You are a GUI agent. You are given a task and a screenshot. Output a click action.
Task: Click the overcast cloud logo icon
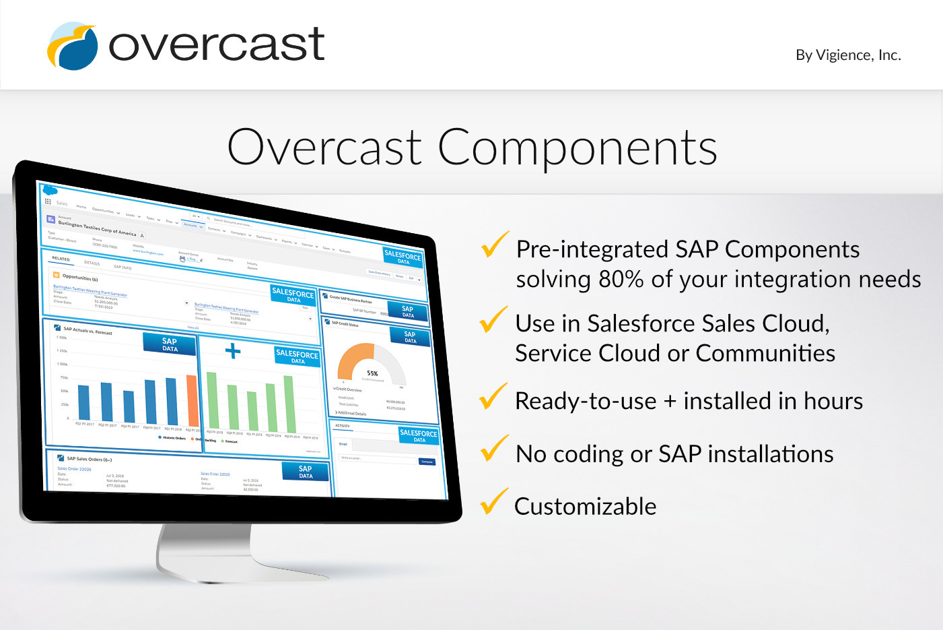tap(72, 46)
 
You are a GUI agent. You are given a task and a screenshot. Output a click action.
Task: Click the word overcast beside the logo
tap(217, 44)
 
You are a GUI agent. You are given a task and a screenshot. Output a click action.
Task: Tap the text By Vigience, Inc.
tap(847, 55)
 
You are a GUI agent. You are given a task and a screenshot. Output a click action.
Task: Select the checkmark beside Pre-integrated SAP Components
tap(495, 245)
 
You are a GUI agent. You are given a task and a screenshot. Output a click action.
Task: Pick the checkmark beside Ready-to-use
tap(493, 396)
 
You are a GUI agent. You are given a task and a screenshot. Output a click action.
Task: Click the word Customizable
tap(585, 507)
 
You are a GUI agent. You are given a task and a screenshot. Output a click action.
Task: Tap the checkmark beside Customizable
tap(493, 502)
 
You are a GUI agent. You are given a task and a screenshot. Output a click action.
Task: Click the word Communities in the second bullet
tap(765, 353)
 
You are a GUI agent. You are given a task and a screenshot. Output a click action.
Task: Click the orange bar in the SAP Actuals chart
tap(193, 400)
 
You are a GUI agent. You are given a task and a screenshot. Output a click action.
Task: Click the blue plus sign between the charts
tap(232, 350)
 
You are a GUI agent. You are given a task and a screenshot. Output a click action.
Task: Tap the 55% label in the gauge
tap(372, 373)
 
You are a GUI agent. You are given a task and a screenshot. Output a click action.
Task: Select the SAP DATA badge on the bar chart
tap(170, 344)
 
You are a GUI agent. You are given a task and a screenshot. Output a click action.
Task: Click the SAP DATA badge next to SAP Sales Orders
tap(306, 472)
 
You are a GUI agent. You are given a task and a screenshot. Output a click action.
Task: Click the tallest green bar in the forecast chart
tap(289, 403)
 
